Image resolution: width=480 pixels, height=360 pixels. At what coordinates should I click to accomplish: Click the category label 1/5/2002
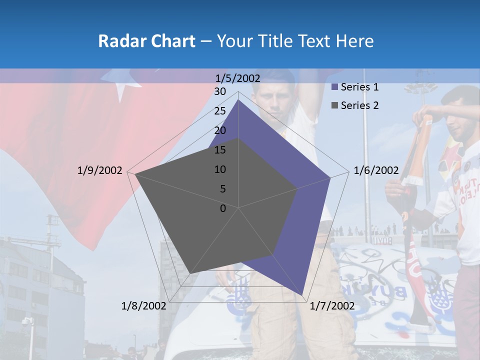tap(238, 78)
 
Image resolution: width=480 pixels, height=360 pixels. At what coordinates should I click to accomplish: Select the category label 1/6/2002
tap(376, 170)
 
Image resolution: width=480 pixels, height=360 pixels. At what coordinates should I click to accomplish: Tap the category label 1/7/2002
tap(332, 305)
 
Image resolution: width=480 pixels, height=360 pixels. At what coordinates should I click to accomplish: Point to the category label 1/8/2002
tap(144, 305)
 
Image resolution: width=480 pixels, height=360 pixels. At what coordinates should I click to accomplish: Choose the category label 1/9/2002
tap(100, 170)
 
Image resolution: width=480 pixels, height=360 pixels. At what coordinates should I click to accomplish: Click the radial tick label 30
tap(220, 91)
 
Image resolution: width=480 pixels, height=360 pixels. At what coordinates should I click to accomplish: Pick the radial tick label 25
tap(220, 111)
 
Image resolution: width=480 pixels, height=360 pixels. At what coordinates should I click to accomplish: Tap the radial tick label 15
tap(220, 150)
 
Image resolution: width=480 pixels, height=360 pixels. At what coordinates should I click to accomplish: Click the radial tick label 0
tap(223, 208)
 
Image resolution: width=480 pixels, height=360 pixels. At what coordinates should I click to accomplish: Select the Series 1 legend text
tap(359, 87)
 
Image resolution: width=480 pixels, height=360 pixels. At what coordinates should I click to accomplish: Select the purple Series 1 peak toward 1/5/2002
tap(238, 100)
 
